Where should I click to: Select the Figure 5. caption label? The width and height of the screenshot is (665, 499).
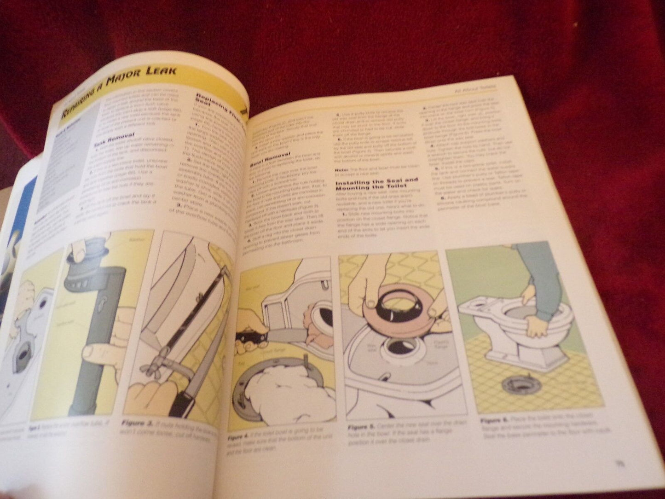pyautogui.click(x=363, y=427)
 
